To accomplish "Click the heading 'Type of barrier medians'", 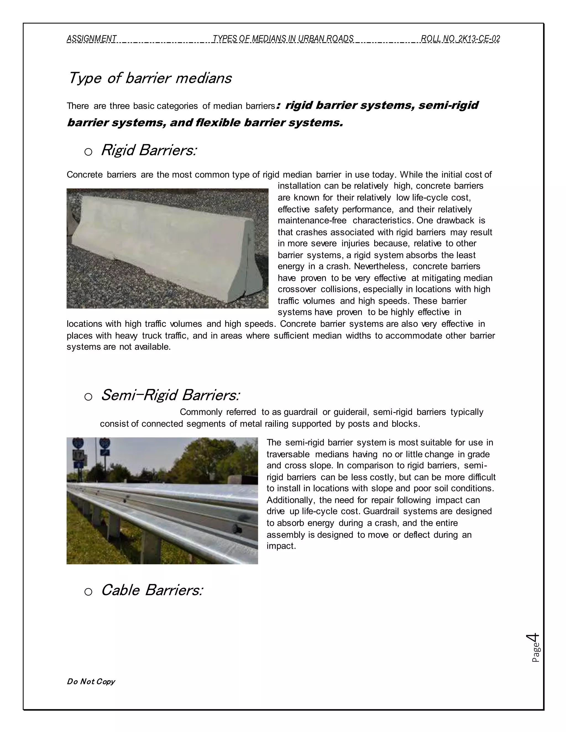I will point(150,78).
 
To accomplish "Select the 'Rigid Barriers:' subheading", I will point(148,150).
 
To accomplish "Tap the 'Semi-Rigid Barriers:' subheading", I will point(170,395).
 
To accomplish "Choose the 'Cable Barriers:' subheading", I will point(152,590).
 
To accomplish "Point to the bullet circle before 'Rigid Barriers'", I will point(88,152).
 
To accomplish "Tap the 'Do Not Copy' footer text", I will point(91,681).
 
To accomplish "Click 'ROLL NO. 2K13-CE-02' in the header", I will point(460,39).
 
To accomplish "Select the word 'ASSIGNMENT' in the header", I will point(91,39).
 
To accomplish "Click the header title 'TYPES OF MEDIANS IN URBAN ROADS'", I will point(283,39).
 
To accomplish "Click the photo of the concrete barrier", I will point(167,248).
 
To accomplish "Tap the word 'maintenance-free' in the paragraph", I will point(312,220).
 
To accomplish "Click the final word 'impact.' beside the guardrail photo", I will point(281,546).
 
